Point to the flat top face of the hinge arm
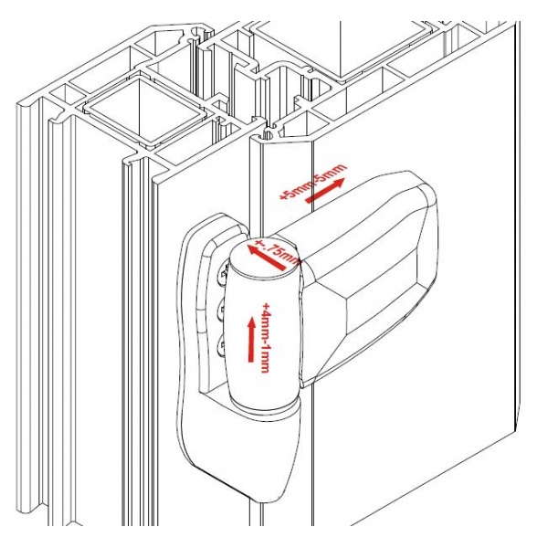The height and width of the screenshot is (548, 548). pos(365,219)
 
